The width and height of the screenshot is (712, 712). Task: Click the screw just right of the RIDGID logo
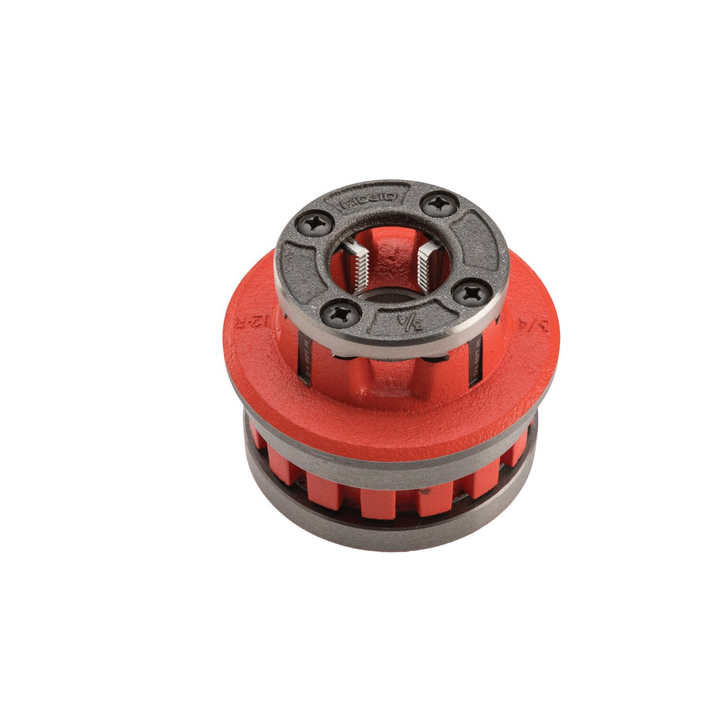point(439,204)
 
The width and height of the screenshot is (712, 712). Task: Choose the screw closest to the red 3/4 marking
point(472,292)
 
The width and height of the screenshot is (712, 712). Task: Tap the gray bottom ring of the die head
point(389,534)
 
